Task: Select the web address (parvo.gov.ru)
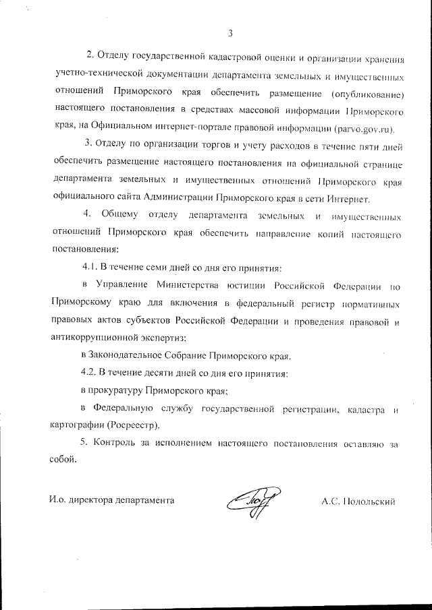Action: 364,128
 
